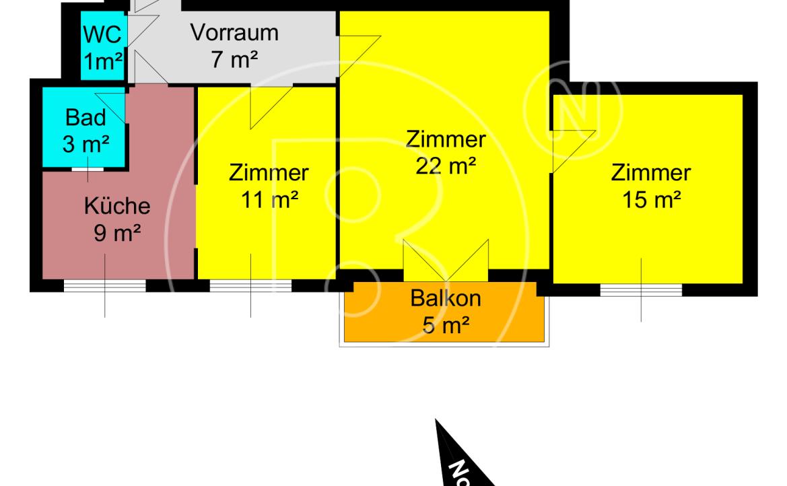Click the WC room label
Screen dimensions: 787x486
coord(102,34)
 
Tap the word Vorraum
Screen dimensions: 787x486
coord(234,32)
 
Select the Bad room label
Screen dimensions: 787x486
coord(85,118)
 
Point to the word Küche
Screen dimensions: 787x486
coord(117,206)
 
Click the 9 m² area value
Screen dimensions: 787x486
coord(117,232)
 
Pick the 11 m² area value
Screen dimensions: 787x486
coord(269,199)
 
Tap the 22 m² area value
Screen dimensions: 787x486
coord(446,166)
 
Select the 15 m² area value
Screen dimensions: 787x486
coord(652,199)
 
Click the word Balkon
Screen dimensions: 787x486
coord(446,298)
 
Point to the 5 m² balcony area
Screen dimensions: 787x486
coord(446,325)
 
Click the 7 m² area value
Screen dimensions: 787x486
coord(234,60)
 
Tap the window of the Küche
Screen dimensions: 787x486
coord(105,285)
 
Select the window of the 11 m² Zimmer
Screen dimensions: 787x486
coord(250,285)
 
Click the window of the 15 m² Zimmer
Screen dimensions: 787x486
coord(641,289)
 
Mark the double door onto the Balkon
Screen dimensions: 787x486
coord(446,261)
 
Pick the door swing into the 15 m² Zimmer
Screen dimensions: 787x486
coord(574,151)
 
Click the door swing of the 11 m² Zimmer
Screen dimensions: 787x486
coord(271,108)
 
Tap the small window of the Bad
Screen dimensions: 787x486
coord(88,169)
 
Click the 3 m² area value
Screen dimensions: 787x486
coord(85,144)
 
